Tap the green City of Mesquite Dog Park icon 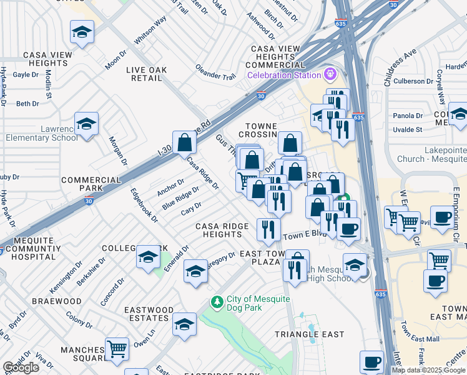pos(217,303)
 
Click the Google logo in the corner pos(21,367)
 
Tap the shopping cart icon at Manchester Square pos(117,348)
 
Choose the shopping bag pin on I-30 pos(185,143)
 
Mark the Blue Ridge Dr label pos(180,198)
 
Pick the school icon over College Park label pos(148,257)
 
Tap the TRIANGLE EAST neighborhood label pos(310,334)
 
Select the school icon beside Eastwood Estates pos(185,324)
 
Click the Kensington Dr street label pos(66,276)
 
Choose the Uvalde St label pos(407,129)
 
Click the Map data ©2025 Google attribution pos(428,370)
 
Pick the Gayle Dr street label pos(26,74)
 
